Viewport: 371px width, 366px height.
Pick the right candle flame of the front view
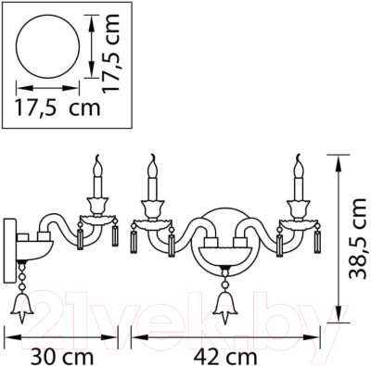click(299, 166)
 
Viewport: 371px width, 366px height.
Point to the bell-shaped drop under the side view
click(22, 301)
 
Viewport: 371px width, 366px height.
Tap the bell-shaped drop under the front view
click(223, 302)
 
